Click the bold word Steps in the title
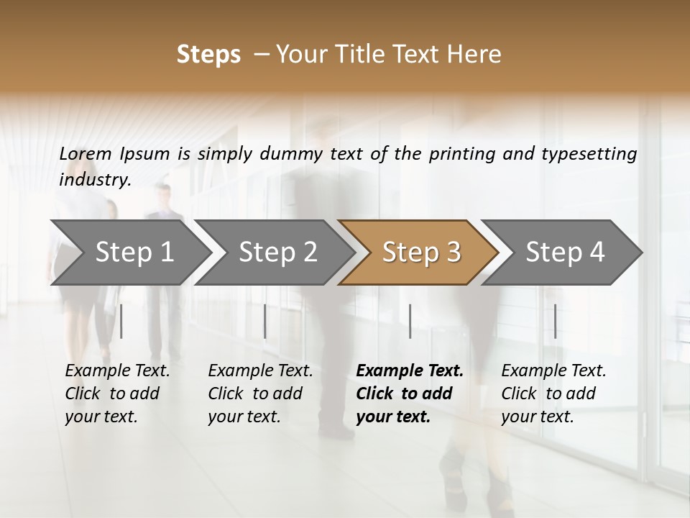[208, 55]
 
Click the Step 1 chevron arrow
[129, 253]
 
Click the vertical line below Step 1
[121, 321]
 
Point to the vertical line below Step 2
[265, 321]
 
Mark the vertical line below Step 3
[410, 321]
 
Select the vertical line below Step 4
[555, 321]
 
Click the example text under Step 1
[117, 394]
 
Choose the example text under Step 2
[260, 394]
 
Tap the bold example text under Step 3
[410, 394]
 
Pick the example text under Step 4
[553, 394]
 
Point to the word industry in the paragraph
[95, 180]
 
